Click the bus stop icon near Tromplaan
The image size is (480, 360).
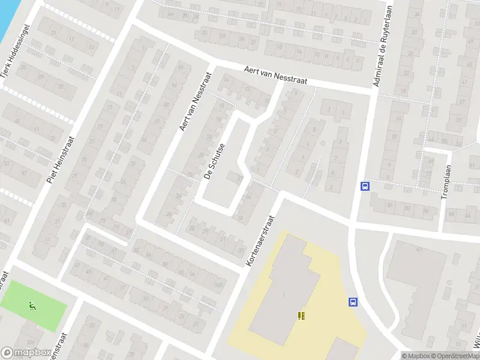[364, 186]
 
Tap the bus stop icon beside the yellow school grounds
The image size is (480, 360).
[353, 302]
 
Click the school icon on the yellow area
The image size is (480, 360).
[301, 316]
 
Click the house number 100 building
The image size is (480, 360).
[220, 284]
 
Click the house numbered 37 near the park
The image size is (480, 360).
[123, 286]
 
